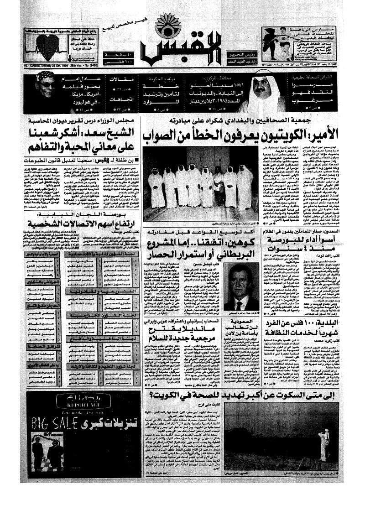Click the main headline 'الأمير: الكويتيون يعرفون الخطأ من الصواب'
(x=242, y=135)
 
